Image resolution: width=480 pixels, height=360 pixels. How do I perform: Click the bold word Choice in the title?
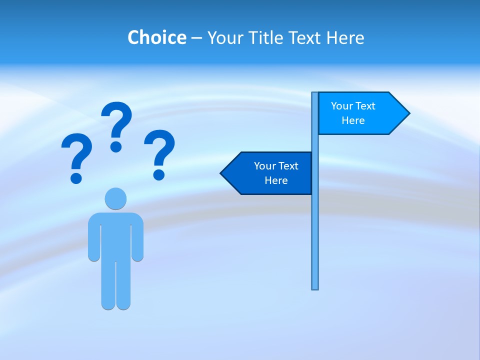tap(156, 37)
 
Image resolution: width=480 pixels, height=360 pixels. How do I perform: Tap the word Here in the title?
tap(345, 37)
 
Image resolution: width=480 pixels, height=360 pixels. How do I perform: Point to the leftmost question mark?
tap(76, 152)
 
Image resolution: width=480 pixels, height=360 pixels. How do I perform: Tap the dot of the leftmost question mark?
tap(76, 177)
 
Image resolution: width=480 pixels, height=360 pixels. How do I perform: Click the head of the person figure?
tap(115, 198)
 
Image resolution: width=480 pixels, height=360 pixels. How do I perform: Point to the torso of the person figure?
tap(115, 235)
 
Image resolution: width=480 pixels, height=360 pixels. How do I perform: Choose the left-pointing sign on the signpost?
tap(270, 173)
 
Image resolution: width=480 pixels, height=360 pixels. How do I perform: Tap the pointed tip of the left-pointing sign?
tap(222, 173)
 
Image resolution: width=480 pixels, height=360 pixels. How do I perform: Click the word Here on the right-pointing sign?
tap(353, 120)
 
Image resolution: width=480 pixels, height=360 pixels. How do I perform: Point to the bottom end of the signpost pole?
tap(315, 287)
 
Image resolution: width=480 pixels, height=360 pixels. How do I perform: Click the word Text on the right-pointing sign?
tap(365, 106)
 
